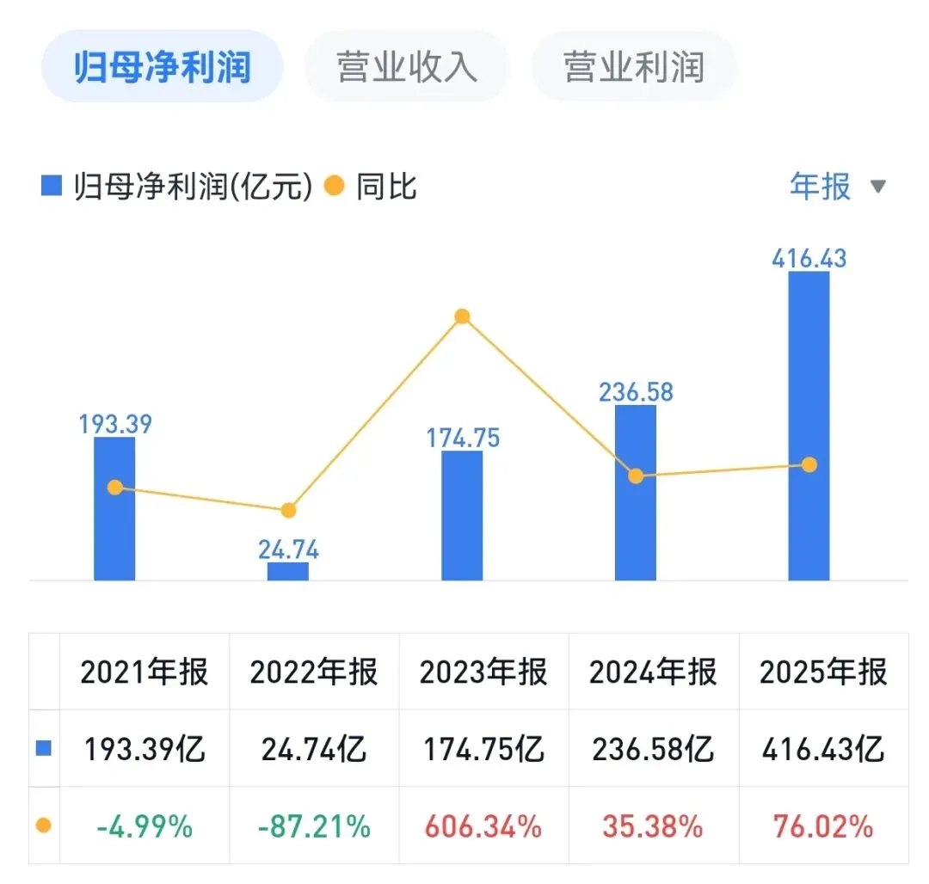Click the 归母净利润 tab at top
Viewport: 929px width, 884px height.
click(x=162, y=66)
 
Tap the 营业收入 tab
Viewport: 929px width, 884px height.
click(x=407, y=66)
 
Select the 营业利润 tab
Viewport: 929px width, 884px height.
click(x=634, y=66)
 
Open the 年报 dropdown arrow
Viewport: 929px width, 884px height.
click(x=878, y=187)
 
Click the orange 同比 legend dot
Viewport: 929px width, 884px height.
click(x=334, y=186)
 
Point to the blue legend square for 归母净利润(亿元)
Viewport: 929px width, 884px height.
click(x=52, y=186)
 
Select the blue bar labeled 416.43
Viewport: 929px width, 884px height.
click(x=809, y=426)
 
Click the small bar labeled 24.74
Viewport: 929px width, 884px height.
click(x=288, y=571)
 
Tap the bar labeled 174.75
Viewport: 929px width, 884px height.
click(x=462, y=516)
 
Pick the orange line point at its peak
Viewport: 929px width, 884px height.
click(x=462, y=316)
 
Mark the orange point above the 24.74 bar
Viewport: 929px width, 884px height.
click(x=288, y=510)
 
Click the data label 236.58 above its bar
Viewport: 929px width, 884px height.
click(x=636, y=392)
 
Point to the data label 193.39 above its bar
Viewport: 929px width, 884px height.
click(x=115, y=424)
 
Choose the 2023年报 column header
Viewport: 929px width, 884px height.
click(x=483, y=672)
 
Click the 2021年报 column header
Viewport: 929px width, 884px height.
click(x=144, y=672)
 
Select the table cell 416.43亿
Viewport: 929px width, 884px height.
click(x=823, y=748)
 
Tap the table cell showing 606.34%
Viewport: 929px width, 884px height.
click(x=483, y=826)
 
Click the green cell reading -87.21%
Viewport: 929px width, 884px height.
click(x=314, y=826)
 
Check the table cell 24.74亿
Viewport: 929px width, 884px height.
click(x=314, y=748)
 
